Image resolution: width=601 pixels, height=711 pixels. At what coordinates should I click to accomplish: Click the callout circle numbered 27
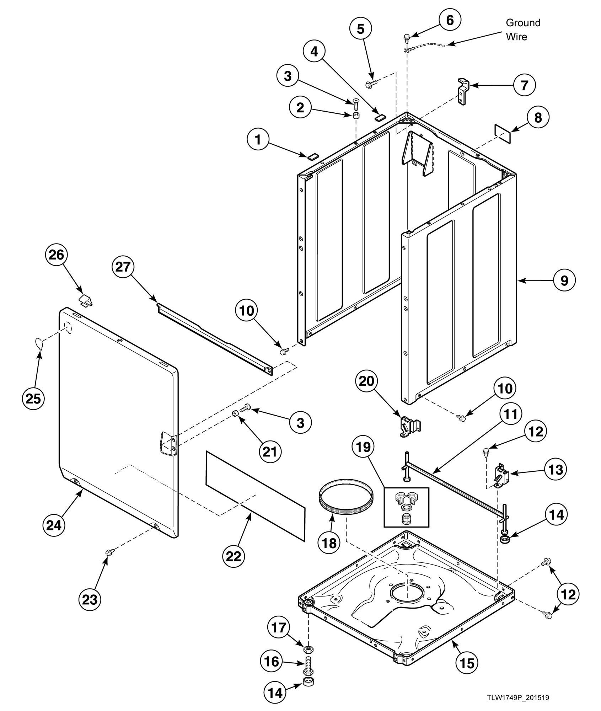[123, 266]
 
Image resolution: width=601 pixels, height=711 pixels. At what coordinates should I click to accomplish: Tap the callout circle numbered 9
[564, 280]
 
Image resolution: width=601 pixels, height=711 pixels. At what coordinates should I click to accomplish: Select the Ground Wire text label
[522, 30]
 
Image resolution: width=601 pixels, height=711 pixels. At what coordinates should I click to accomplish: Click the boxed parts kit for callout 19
[406, 507]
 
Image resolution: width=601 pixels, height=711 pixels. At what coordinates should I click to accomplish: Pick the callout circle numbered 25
[33, 399]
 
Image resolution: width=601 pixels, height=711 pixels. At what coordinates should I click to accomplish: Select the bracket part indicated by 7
[463, 91]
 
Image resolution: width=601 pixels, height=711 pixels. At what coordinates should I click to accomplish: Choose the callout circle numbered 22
[234, 556]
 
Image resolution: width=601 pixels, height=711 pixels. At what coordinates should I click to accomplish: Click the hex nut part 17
[308, 649]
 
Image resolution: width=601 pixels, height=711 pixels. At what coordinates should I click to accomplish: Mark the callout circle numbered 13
[556, 470]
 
